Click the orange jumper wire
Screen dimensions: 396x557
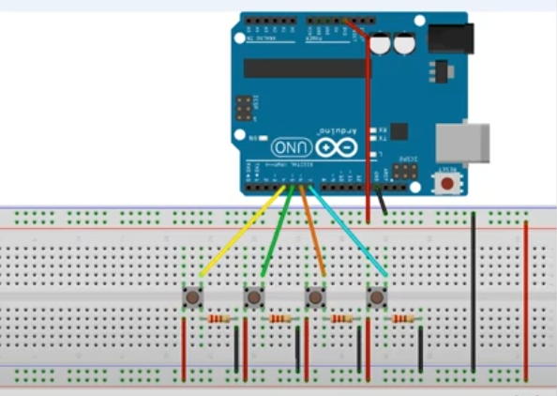pyautogui.click(x=312, y=234)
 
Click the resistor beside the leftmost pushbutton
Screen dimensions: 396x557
pyautogui.click(x=218, y=319)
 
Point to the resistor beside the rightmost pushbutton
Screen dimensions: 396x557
pyautogui.click(x=402, y=319)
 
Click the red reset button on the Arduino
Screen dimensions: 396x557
pyautogui.click(x=449, y=180)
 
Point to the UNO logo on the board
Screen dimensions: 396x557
pyautogui.click(x=291, y=147)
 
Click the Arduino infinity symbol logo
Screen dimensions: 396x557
pyautogui.click(x=334, y=147)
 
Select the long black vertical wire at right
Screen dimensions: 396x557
pyautogui.click(x=474, y=291)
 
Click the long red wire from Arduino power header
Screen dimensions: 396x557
pyautogui.click(x=367, y=122)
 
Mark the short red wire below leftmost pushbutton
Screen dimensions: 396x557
pyautogui.click(x=185, y=347)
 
